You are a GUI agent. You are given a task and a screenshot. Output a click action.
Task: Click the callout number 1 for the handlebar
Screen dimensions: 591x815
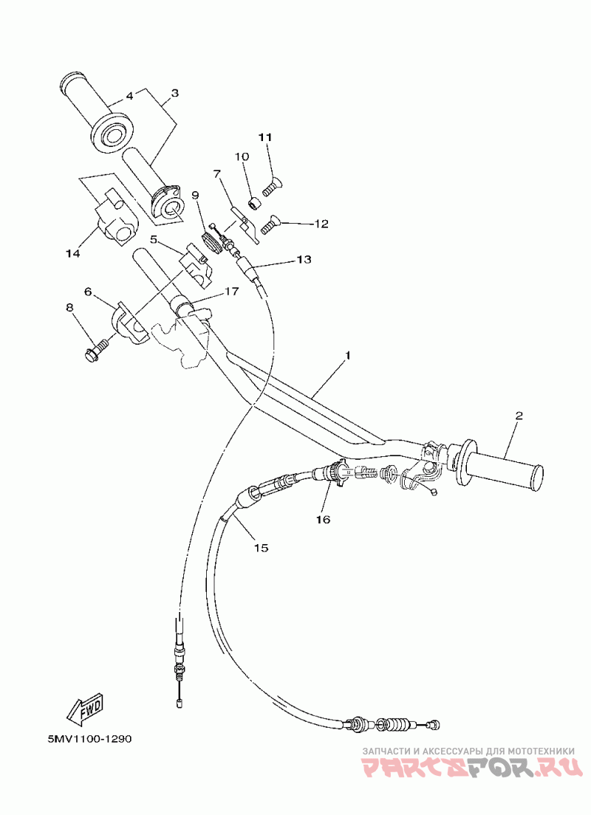pyautogui.click(x=348, y=356)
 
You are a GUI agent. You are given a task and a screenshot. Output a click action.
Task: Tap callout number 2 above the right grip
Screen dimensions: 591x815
pyautogui.click(x=518, y=416)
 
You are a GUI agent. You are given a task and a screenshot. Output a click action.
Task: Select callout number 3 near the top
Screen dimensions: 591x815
pyautogui.click(x=175, y=93)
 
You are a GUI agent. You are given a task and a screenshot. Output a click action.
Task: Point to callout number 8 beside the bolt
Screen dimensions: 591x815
pyautogui.click(x=69, y=308)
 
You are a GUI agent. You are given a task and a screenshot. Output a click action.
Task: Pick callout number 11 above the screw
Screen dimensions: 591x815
pyautogui.click(x=265, y=137)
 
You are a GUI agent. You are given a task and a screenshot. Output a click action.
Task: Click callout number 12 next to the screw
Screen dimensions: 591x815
pyautogui.click(x=321, y=224)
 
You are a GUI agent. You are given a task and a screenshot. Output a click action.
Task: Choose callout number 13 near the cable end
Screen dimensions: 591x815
pyautogui.click(x=304, y=258)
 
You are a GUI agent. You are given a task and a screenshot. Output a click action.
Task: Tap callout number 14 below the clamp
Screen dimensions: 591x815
pyautogui.click(x=73, y=254)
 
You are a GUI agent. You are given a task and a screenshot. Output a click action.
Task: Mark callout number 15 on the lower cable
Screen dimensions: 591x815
pyautogui.click(x=262, y=547)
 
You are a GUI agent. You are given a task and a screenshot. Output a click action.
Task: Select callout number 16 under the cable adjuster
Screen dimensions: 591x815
pyautogui.click(x=323, y=519)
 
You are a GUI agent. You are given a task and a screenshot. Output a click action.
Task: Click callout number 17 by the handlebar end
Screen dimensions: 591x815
pyautogui.click(x=231, y=291)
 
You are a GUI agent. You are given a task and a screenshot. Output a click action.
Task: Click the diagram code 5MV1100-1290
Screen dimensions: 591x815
pyautogui.click(x=89, y=738)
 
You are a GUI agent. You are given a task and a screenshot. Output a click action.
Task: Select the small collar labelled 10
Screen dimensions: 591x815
pyautogui.click(x=254, y=202)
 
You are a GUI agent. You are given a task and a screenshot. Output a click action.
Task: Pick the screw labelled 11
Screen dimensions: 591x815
pyautogui.click(x=273, y=187)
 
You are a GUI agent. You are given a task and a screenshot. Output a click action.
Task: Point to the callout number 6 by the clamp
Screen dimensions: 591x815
pyautogui.click(x=88, y=292)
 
